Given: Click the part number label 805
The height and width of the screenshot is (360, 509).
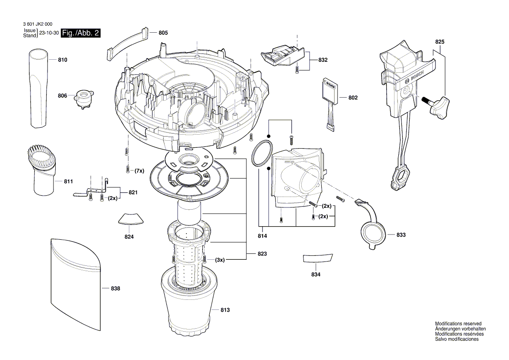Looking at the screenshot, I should point(163,33).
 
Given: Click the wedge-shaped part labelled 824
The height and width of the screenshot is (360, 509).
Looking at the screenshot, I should point(130,219).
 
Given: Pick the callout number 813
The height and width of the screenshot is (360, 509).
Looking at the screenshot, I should point(225,310).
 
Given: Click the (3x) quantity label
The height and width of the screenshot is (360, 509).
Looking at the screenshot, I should point(220,260).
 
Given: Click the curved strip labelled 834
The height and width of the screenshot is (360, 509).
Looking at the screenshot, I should point(317,258).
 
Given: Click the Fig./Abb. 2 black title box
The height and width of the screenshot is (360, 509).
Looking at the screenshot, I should point(81,33).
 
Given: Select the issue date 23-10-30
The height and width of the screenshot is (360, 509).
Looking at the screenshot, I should point(49,33).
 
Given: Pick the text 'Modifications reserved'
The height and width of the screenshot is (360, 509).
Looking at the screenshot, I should point(458,324).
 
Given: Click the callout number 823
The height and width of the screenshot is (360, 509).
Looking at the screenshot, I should point(262,253).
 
